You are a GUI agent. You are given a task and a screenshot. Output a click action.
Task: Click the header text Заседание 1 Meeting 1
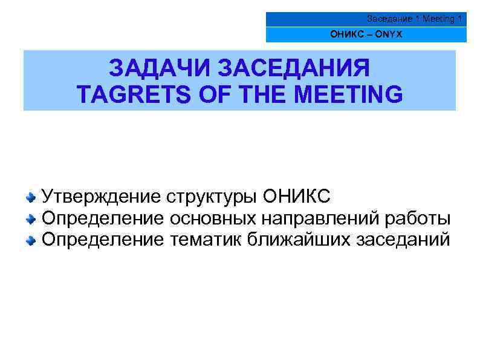pos(414,19)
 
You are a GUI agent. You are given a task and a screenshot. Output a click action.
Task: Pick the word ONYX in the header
pos(388,34)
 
